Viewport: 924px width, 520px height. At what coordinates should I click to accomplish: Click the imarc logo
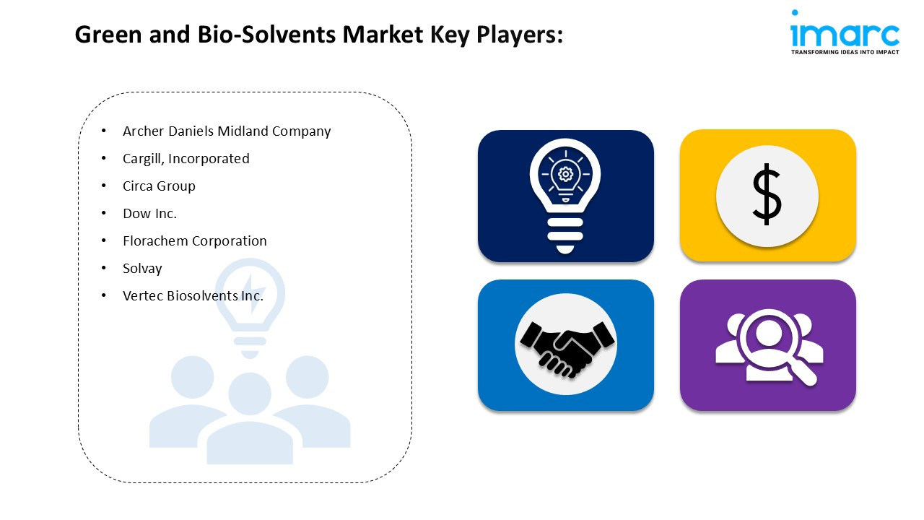click(845, 32)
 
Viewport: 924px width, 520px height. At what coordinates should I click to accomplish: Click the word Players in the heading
click(520, 35)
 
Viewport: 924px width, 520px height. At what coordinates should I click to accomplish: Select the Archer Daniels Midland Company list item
click(227, 131)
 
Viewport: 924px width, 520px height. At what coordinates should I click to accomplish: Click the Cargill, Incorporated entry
click(186, 159)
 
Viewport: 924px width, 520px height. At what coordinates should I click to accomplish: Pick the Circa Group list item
click(159, 186)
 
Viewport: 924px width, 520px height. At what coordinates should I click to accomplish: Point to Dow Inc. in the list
click(149, 213)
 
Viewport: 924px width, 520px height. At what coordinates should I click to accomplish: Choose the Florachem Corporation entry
click(195, 241)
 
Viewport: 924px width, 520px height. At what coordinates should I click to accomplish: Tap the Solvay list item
click(142, 269)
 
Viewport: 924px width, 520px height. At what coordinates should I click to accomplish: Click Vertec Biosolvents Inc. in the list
click(193, 296)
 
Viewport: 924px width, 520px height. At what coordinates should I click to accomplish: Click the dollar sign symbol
click(767, 194)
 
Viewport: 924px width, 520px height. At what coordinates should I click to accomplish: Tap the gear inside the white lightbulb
click(565, 174)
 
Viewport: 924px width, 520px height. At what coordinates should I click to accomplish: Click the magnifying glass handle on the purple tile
click(803, 372)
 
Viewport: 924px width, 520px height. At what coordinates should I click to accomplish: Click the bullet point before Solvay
click(103, 268)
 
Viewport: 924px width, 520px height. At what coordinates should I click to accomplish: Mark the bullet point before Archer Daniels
click(103, 131)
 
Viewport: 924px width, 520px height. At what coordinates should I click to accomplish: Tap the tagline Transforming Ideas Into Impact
click(845, 52)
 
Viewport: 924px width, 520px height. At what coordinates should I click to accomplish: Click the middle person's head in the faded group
click(250, 394)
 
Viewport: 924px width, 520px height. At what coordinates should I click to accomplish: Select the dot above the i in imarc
click(795, 12)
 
